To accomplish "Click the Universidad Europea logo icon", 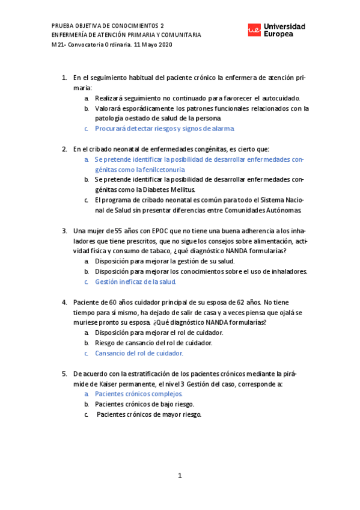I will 255,29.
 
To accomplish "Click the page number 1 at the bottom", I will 180,476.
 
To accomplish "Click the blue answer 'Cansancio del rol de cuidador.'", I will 139,353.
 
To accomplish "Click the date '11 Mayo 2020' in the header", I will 152,46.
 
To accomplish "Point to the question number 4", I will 65,302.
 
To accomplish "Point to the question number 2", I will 65,149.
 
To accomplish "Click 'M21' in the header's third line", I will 58,46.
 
